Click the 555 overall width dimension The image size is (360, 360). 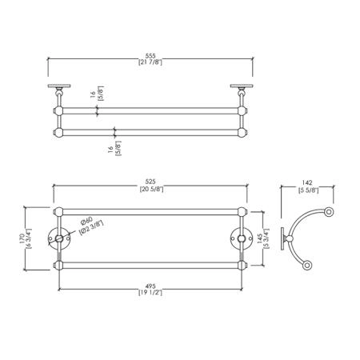[150, 56]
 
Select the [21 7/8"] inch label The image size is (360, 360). [150, 62]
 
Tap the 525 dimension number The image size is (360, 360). [150, 182]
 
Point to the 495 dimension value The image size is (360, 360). [150, 286]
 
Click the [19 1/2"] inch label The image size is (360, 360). [150, 293]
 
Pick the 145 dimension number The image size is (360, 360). [259, 239]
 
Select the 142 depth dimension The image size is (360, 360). [307, 183]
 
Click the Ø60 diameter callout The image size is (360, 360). [87, 221]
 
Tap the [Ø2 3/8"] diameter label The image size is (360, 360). [91, 227]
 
